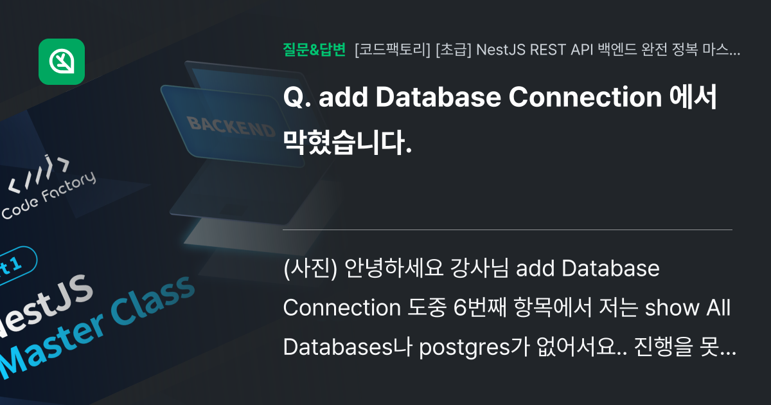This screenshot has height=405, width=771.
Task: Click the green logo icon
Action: click(62, 62)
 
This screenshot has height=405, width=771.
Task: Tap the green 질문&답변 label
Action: click(314, 49)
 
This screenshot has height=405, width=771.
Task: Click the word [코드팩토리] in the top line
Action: click(392, 50)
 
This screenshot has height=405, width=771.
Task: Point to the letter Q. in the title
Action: click(297, 98)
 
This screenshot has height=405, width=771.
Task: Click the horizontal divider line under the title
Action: click(508, 230)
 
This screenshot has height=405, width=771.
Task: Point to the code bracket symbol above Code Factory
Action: click(39, 177)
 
